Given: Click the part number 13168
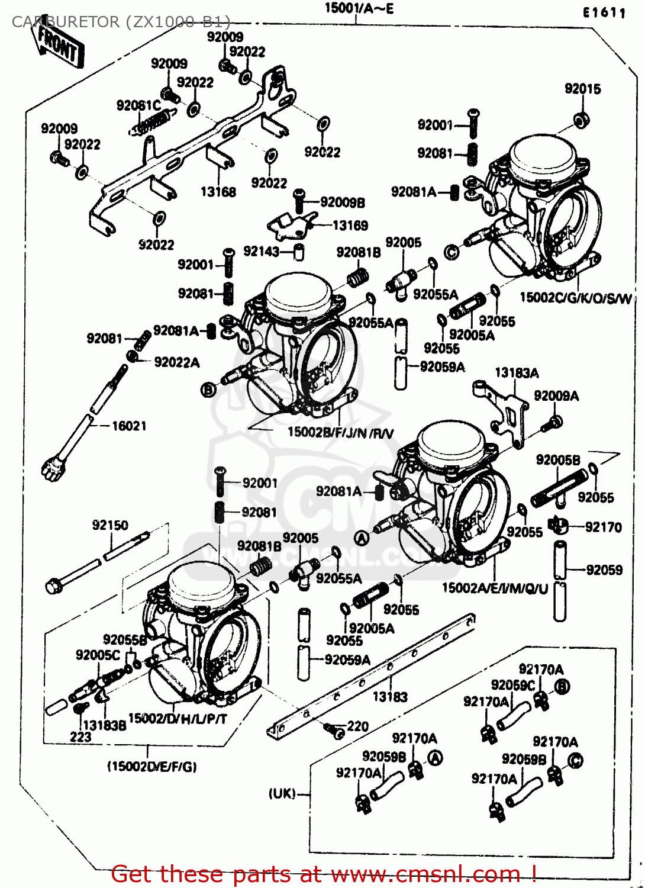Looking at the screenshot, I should [218, 192].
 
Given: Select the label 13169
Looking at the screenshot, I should [350, 226].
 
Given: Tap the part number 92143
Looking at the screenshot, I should [261, 252].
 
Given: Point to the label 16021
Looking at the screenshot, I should [129, 426].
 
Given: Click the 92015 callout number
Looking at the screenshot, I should [582, 89].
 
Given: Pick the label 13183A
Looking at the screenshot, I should [517, 373].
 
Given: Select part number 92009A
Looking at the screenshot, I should [556, 396].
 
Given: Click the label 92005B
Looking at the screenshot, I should [558, 460].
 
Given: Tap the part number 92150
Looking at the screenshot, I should [110, 525].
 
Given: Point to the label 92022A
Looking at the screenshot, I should [177, 362].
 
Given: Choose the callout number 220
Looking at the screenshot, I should [358, 726].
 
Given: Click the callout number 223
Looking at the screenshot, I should [80, 736].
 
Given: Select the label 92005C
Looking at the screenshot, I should [98, 655].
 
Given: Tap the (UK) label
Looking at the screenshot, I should [282, 793].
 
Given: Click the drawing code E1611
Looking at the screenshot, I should [604, 12].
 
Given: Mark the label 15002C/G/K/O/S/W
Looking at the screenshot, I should [575, 298].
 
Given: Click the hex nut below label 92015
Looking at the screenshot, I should [581, 120].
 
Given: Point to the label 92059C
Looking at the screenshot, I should [513, 685].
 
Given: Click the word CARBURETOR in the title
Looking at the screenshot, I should [65, 22].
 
